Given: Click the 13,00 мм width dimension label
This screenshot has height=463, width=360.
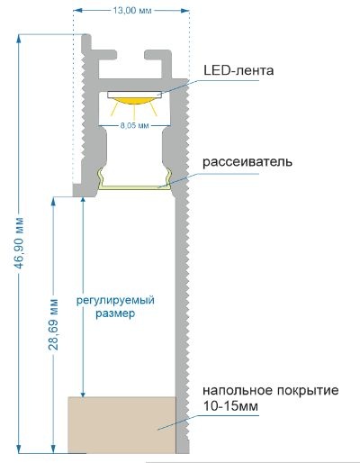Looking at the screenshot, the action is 132,11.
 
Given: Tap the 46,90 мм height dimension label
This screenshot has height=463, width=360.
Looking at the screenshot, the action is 20,242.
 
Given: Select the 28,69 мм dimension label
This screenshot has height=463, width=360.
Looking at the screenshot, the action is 54,324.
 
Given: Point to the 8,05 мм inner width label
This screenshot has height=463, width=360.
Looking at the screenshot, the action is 134,125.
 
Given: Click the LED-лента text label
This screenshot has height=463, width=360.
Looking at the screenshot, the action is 238,71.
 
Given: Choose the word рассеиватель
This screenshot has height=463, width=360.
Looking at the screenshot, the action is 247,162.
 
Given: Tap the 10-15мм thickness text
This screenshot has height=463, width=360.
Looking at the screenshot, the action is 230,406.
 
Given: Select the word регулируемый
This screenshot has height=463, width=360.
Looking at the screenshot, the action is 115,300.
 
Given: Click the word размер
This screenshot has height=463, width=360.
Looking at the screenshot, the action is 115,313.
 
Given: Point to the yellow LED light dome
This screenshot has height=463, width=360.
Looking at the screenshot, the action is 134,101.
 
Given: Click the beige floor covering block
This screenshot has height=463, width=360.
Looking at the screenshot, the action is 121,425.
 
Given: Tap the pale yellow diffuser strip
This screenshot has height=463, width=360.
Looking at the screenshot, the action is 134,187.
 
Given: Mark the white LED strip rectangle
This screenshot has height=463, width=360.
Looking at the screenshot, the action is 134,95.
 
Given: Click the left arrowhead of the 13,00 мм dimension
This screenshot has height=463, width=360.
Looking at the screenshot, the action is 77,11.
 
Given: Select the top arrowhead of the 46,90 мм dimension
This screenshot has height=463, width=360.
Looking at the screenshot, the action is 19,39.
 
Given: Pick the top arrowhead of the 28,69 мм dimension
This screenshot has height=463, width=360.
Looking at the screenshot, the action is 53,201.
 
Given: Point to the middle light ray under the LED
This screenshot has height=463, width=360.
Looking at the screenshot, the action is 134,113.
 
